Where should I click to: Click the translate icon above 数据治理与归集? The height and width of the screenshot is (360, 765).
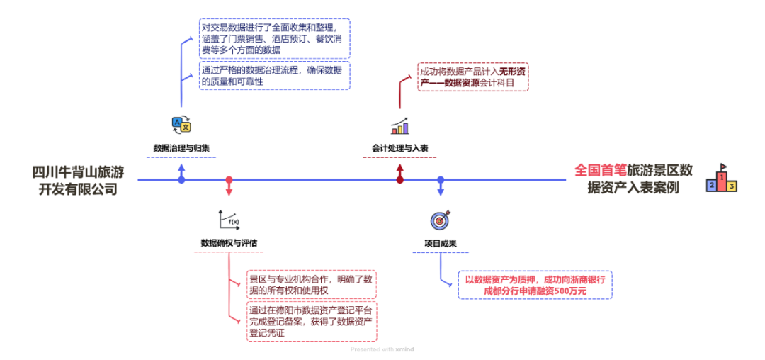[181, 125]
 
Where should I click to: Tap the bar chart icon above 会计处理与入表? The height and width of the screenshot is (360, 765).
[399, 126]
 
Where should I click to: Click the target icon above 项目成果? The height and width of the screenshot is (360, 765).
[439, 220]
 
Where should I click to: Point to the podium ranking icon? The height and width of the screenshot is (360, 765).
[722, 179]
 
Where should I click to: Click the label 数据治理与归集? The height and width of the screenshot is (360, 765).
[181, 149]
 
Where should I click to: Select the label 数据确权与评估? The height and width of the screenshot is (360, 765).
[229, 243]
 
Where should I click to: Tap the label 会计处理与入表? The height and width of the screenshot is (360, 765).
[400, 149]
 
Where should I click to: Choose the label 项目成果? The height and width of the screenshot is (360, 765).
[440, 243]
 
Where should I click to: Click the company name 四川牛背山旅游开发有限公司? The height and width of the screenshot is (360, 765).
[78, 180]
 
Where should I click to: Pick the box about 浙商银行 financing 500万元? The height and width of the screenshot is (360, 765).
[535, 285]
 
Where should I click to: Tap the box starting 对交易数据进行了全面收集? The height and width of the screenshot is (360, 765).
[275, 38]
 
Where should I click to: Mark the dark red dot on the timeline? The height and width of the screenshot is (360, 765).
[400, 180]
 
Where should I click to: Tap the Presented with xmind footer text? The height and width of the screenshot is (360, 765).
[382, 349]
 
